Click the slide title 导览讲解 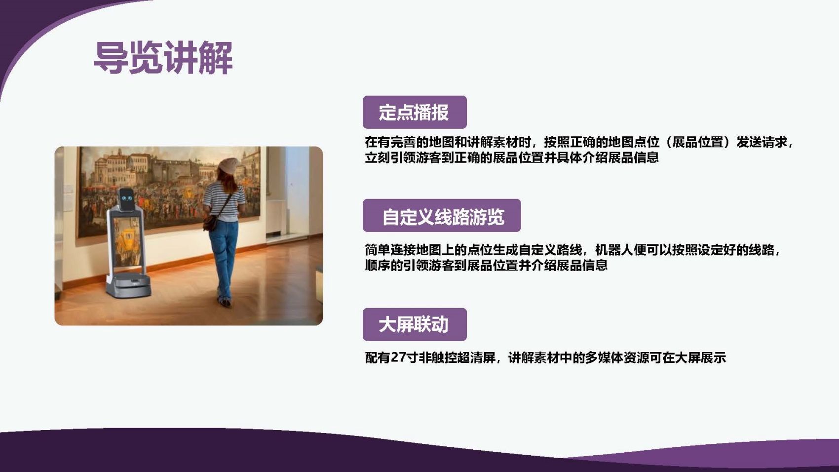click(163, 58)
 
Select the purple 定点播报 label click(415, 112)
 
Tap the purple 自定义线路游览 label click(442, 215)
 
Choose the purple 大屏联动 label click(415, 324)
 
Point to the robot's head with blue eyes click(126, 199)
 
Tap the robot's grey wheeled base click(128, 285)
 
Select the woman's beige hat click(229, 165)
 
